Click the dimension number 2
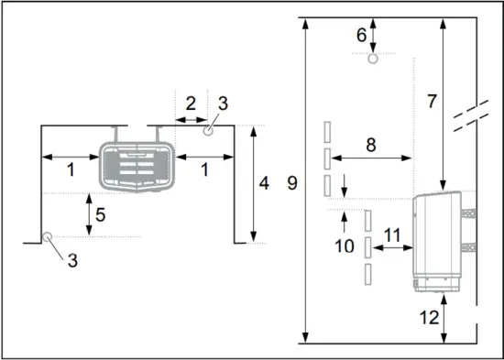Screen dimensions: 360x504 191,103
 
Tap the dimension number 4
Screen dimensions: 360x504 264,182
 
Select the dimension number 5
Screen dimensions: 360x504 103,215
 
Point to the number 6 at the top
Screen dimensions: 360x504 361,35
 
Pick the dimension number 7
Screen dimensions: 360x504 432,101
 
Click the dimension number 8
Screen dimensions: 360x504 370,144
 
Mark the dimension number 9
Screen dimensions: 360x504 291,182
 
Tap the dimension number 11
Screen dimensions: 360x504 390,235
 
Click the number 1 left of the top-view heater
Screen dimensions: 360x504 71,169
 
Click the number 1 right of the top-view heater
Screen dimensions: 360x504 203,169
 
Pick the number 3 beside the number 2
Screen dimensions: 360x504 223,103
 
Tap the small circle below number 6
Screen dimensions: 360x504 372,60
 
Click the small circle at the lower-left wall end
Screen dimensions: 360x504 46,237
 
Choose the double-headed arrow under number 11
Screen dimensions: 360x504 390,250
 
